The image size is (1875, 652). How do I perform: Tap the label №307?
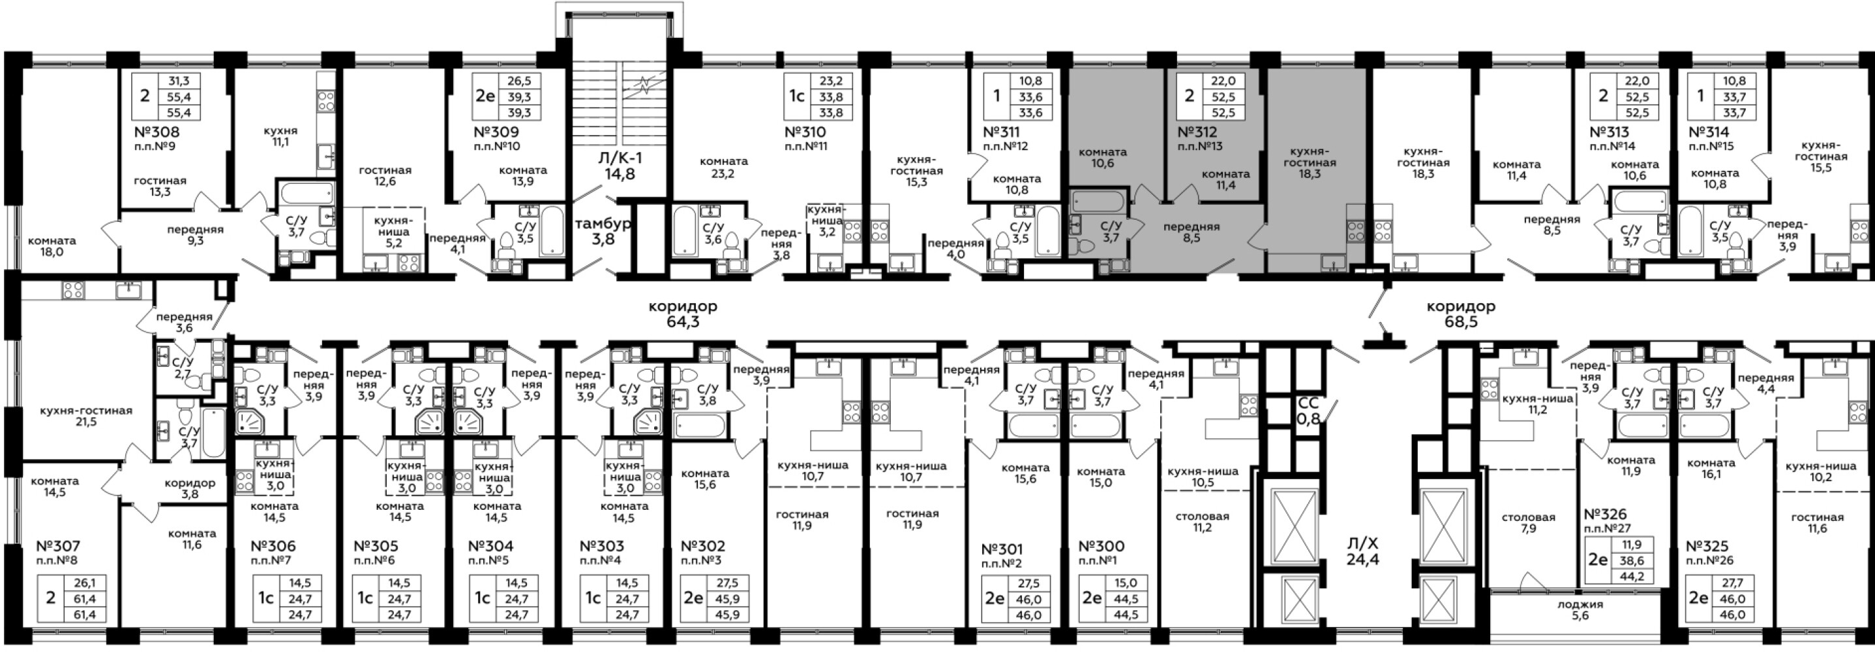point(58,546)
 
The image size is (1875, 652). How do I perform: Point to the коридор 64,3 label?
point(683,314)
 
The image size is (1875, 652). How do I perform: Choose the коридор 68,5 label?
point(1461,314)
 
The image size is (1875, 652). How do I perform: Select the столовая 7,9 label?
point(1529,522)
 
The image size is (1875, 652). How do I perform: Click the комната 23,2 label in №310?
point(723,168)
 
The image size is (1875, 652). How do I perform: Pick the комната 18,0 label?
point(52,246)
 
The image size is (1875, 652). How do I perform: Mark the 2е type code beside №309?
point(485,96)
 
